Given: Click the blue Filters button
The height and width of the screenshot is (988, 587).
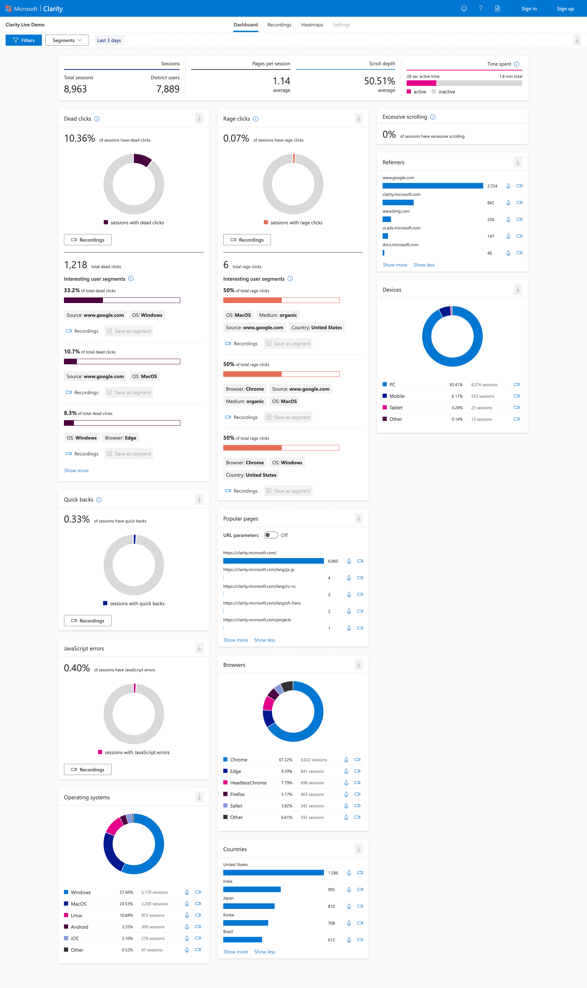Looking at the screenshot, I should (24, 40).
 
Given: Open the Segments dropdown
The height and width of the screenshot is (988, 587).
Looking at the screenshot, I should (67, 40).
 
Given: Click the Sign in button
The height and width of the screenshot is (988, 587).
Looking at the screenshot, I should (529, 9).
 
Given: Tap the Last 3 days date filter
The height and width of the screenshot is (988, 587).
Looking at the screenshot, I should (109, 40).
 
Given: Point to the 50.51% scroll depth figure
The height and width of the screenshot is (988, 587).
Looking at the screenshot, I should (379, 81).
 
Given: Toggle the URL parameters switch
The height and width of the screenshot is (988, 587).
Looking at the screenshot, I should (271, 535).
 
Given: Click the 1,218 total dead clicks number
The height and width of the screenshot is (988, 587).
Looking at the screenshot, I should (75, 265).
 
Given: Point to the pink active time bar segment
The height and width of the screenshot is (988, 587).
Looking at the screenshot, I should (421, 83).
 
